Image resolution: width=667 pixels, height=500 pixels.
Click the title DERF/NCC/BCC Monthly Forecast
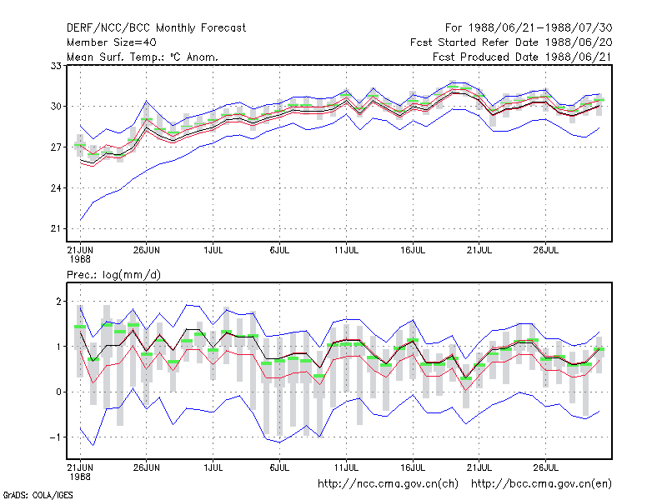tap(156, 28)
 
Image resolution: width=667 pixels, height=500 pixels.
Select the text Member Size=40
tap(112, 42)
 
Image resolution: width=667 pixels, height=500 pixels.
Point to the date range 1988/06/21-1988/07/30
tap(540, 28)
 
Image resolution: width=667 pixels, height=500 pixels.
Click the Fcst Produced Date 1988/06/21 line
tap(523, 57)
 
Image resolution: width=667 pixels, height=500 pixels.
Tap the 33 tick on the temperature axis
tap(56, 66)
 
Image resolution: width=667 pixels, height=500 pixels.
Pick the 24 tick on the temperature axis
tap(56, 188)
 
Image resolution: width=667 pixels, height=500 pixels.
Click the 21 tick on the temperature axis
tap(56, 228)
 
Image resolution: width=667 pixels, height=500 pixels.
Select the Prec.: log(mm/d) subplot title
tap(113, 275)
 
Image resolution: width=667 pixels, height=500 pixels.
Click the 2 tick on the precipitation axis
tap(58, 302)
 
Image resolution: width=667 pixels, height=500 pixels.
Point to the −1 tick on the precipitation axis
tap(56, 437)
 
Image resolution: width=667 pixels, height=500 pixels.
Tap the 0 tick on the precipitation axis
tap(58, 392)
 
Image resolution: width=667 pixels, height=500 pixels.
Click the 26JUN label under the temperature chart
tap(147, 251)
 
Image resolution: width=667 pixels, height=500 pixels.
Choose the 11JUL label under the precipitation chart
tap(346, 467)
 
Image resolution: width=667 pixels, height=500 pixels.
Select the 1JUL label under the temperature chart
tap(213, 251)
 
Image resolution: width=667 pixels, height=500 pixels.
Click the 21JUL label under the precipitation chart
tap(479, 467)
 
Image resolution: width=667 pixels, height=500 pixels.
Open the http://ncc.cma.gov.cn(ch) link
tap(388, 484)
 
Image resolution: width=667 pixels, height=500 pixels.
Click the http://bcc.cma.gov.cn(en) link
tap(541, 484)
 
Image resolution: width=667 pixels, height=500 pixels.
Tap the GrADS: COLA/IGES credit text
tap(38, 495)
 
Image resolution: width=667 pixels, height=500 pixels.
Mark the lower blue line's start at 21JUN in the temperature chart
tap(80, 220)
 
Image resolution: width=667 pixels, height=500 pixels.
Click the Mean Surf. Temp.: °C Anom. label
tap(143, 57)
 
